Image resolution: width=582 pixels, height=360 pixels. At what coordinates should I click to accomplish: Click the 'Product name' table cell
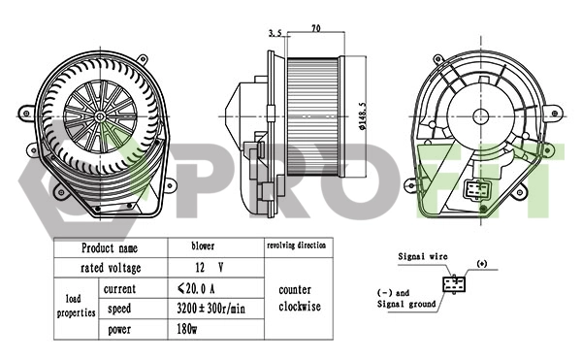[110, 247]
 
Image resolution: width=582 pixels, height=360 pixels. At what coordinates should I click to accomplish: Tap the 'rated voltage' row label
[110, 267]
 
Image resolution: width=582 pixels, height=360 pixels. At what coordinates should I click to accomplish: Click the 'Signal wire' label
[422, 256]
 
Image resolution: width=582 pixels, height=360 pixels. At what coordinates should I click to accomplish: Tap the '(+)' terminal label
[483, 263]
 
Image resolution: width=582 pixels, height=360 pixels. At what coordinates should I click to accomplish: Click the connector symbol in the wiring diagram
[453, 284]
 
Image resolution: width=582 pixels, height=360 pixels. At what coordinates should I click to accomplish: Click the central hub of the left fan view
[101, 115]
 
